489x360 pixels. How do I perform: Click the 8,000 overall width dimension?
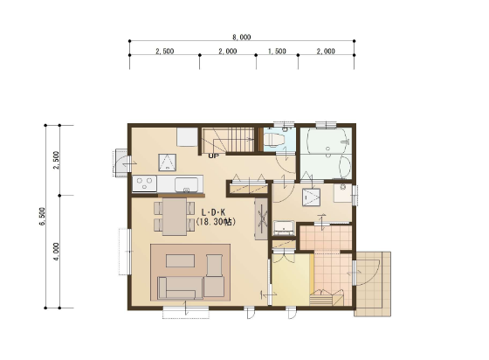point(242,38)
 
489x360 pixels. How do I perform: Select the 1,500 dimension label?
point(277,52)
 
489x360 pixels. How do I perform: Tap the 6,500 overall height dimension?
point(43,216)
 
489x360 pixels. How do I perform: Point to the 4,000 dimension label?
point(57,252)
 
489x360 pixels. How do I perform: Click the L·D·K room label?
point(214,213)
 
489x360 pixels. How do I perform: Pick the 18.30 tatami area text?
point(216,222)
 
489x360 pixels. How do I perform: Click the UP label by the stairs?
point(214,156)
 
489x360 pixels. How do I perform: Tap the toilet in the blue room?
point(274,140)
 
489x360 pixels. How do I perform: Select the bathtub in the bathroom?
point(326,141)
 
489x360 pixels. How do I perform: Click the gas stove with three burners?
point(145,183)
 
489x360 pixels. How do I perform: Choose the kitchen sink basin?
point(186,184)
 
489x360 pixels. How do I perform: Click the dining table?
point(175,217)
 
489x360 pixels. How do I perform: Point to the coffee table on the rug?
point(180,260)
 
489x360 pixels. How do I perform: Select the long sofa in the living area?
point(180,288)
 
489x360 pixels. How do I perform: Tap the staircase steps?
point(229,140)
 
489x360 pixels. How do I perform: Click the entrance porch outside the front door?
point(372,284)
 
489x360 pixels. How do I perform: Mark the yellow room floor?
point(293,280)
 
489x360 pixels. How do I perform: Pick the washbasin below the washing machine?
point(284,228)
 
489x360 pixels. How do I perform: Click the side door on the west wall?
point(121,163)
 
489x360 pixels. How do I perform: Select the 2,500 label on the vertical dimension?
point(57,160)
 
